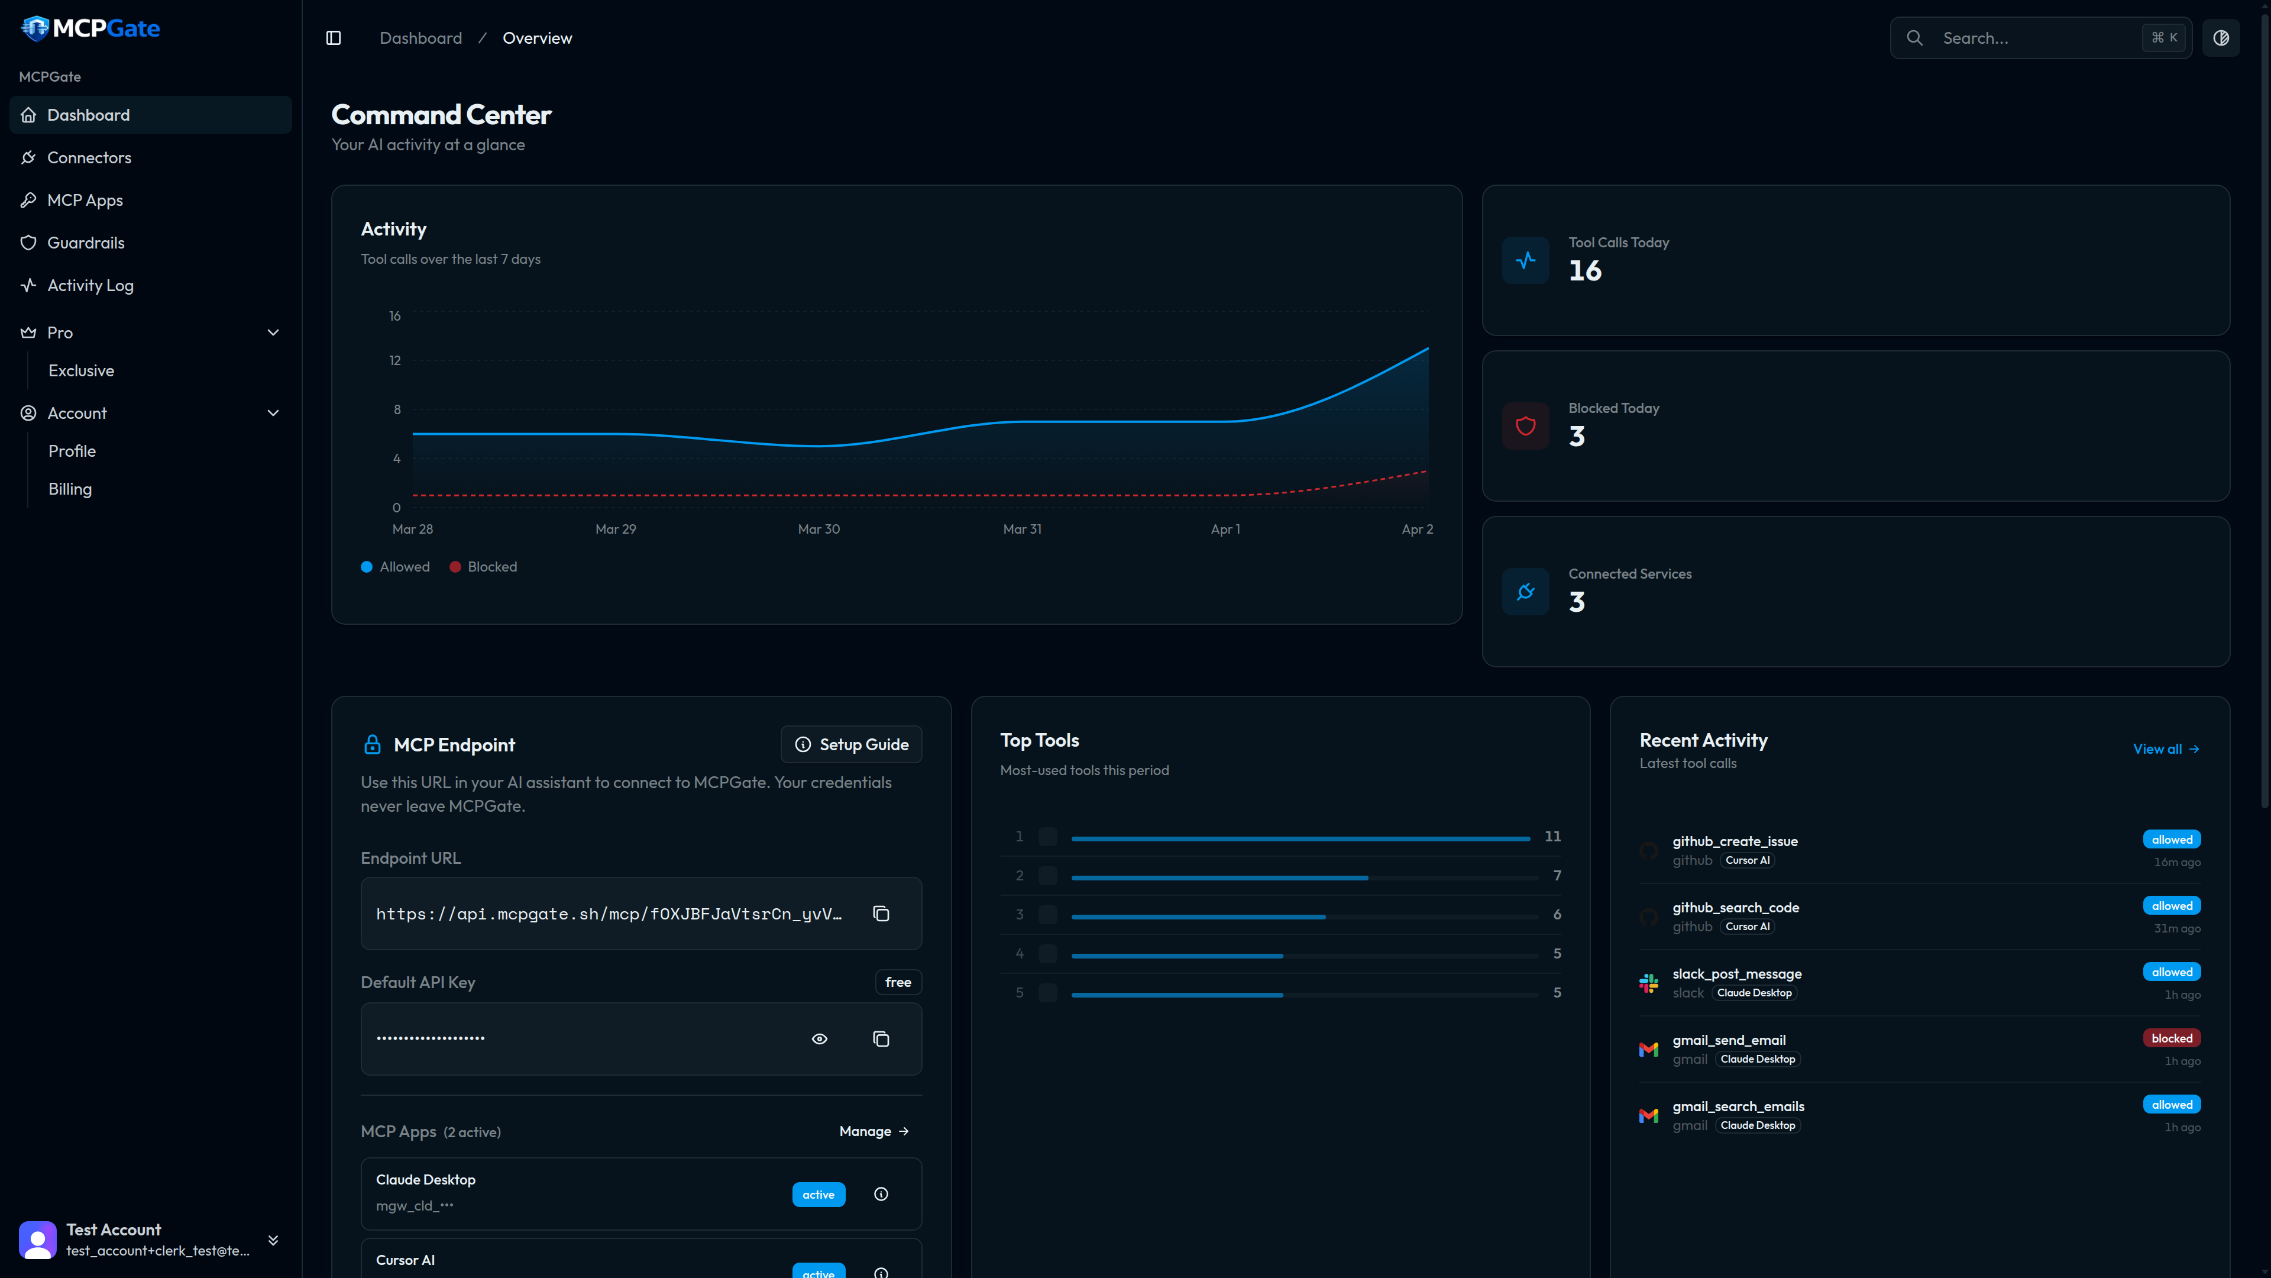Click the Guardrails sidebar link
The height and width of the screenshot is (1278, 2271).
[86, 243]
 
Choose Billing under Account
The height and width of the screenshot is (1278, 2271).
[70, 489]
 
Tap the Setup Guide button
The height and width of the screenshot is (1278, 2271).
[851, 744]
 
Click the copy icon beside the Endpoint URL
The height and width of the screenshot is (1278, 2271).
[881, 914]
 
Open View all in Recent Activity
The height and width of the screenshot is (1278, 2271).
[2165, 749]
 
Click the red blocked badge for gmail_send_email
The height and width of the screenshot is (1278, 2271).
[2170, 1038]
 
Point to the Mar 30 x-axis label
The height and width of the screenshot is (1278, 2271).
[818, 529]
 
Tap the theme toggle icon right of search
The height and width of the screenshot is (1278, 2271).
[2220, 38]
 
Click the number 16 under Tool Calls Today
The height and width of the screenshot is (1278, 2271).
[1584, 271]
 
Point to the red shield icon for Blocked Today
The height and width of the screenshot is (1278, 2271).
[1525, 426]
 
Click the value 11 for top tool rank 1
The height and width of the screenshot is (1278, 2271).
[1552, 836]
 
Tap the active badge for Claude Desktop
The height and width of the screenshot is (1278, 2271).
[817, 1194]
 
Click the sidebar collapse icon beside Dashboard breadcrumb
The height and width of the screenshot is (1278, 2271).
[333, 38]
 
